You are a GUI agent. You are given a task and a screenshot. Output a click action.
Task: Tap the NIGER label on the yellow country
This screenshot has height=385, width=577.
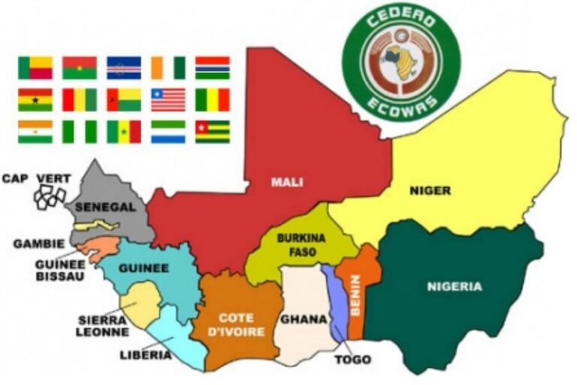430,190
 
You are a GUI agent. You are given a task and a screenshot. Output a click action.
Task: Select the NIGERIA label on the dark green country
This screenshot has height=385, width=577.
455,286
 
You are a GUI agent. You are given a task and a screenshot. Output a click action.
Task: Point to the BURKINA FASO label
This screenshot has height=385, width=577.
301,245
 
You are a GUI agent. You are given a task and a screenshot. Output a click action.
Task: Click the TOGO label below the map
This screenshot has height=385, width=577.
352,359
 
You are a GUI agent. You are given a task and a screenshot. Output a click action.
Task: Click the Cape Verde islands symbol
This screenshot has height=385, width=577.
50,197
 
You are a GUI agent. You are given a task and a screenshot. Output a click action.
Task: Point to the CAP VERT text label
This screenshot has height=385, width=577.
36,178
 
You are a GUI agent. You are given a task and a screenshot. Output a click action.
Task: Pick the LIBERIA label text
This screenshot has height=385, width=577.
145,355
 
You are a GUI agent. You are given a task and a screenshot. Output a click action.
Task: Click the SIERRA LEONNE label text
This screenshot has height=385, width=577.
103,325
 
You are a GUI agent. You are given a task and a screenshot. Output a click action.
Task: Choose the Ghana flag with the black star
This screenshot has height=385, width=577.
35,99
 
